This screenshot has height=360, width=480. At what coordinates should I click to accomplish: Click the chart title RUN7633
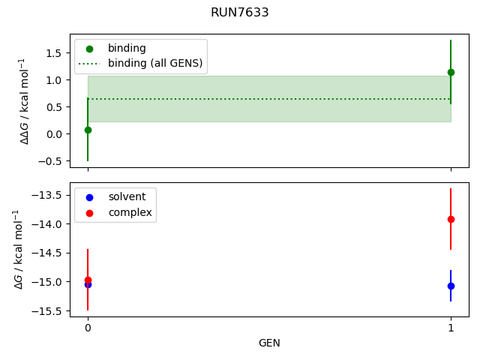[240, 13]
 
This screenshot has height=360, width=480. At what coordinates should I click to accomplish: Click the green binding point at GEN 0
[88, 130]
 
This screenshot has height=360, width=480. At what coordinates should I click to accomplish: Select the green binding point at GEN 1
[451, 72]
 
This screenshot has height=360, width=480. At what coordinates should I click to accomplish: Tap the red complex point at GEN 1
[451, 219]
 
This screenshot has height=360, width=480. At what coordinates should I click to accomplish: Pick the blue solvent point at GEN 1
[451, 286]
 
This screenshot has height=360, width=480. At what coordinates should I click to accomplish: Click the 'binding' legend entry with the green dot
[127, 48]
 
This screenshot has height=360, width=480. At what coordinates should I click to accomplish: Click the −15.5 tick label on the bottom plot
[50, 310]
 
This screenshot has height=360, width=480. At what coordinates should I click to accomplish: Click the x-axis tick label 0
[88, 328]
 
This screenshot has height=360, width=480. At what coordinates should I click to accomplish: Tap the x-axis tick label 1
[451, 328]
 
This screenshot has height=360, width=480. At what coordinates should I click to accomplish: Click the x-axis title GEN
[269, 343]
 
